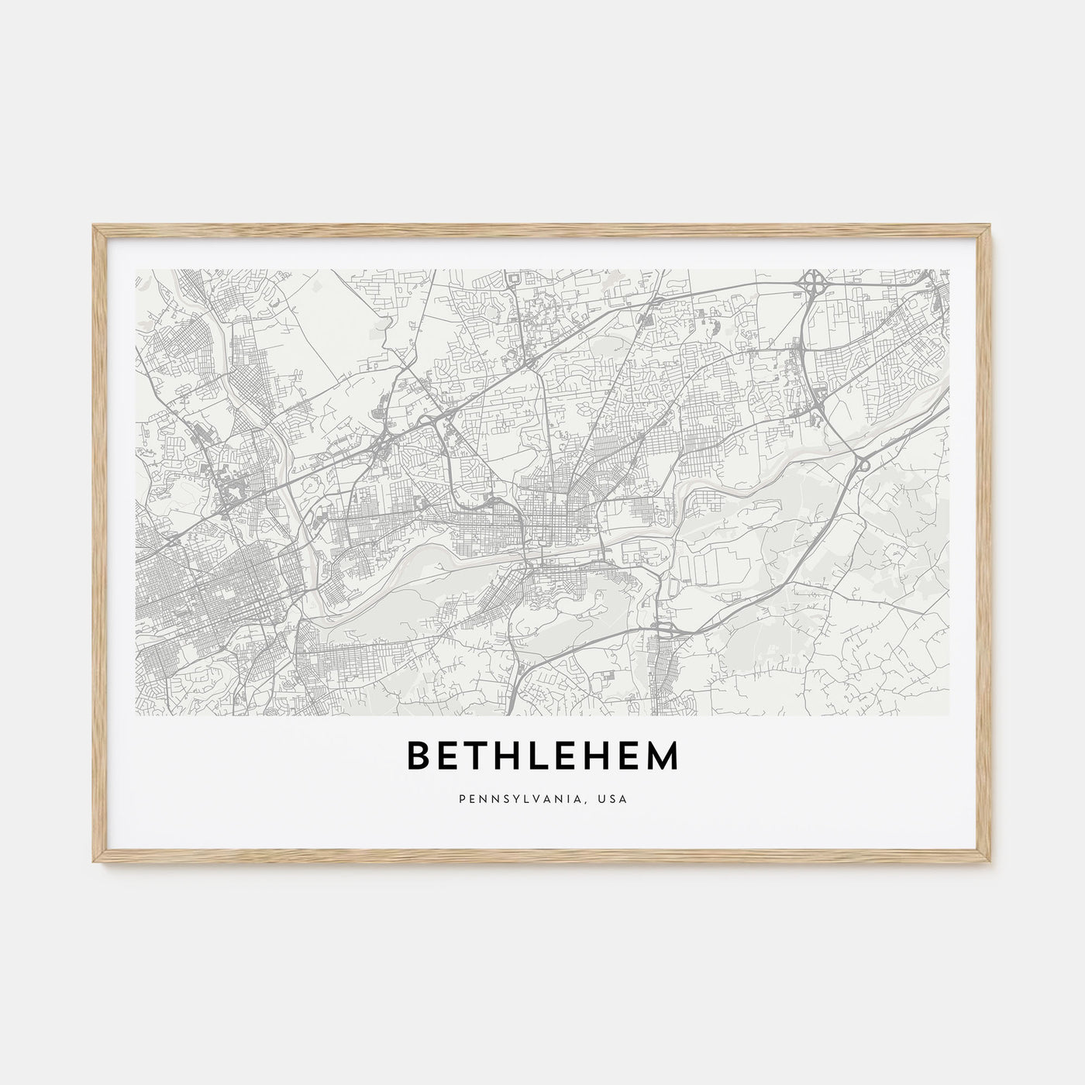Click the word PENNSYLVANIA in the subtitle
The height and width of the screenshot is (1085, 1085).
pyautogui.click(x=511, y=798)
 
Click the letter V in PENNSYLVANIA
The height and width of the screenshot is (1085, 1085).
pyautogui.click(x=539, y=798)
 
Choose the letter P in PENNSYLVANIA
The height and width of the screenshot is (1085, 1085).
pyautogui.click(x=461, y=798)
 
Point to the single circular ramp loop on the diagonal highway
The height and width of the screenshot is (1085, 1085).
pyautogui.click(x=863, y=464)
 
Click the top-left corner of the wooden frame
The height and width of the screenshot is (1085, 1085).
pyautogui.click(x=93, y=226)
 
